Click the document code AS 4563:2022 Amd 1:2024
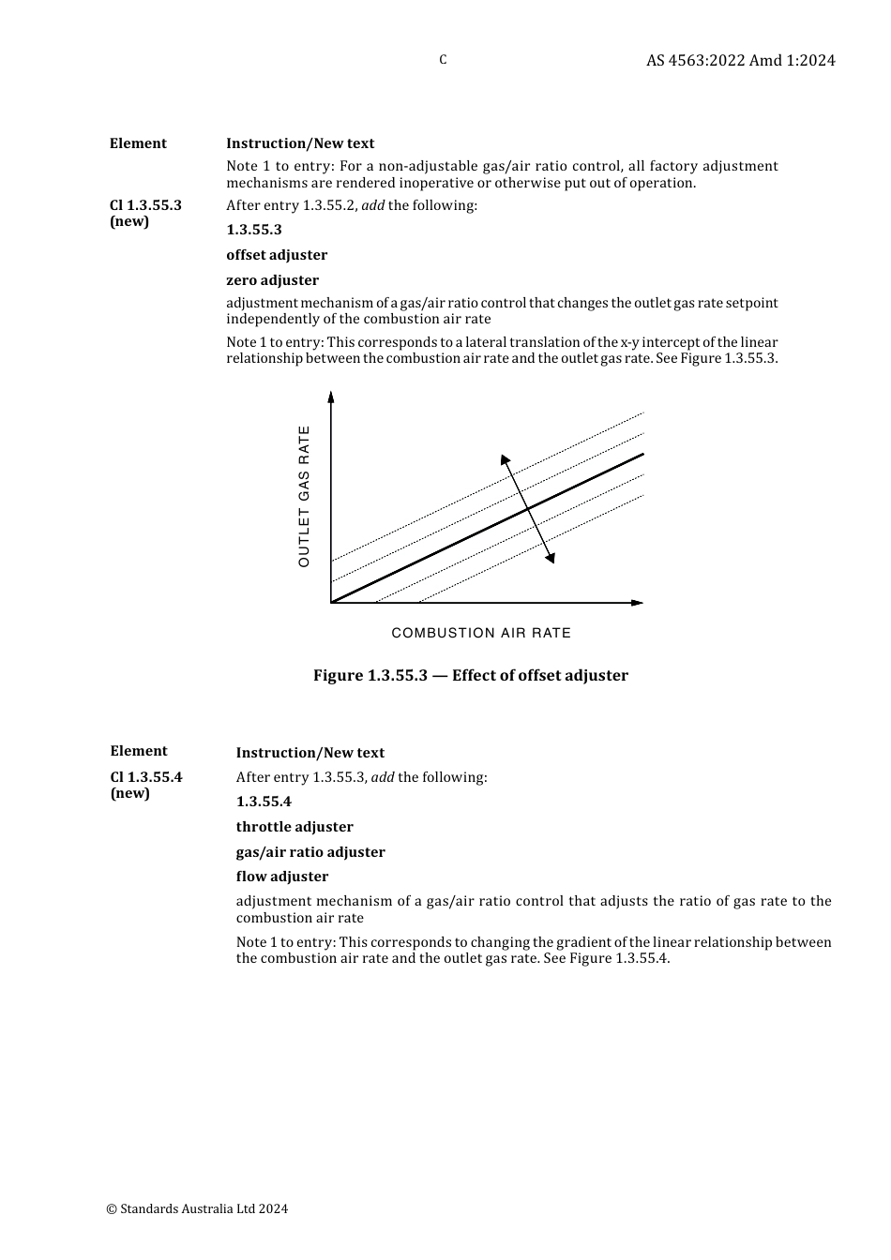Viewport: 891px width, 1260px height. click(740, 60)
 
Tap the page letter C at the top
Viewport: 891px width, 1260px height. click(443, 60)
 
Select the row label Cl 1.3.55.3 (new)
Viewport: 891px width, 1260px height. click(145, 213)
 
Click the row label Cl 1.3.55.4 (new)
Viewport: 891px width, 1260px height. click(145, 785)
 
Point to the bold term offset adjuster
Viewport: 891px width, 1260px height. click(277, 255)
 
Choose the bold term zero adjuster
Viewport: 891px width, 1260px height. click(272, 280)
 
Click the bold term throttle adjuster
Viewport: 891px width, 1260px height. click(294, 827)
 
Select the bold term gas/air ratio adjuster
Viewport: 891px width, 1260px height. click(310, 852)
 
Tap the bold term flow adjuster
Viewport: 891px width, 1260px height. click(282, 877)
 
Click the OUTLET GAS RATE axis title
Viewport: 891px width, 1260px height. click(304, 496)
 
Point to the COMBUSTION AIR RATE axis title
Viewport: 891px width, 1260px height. click(481, 633)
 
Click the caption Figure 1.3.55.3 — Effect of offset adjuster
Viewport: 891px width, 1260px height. click(471, 676)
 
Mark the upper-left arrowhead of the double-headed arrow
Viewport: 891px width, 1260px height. click(506, 459)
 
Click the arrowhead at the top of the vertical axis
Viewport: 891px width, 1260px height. click(331, 397)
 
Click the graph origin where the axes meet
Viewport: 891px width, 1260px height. click(331, 603)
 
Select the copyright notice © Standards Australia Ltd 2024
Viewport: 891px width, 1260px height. click(197, 1208)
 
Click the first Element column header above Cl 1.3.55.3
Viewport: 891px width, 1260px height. click(138, 143)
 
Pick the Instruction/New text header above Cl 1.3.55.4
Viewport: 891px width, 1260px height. click(310, 753)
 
